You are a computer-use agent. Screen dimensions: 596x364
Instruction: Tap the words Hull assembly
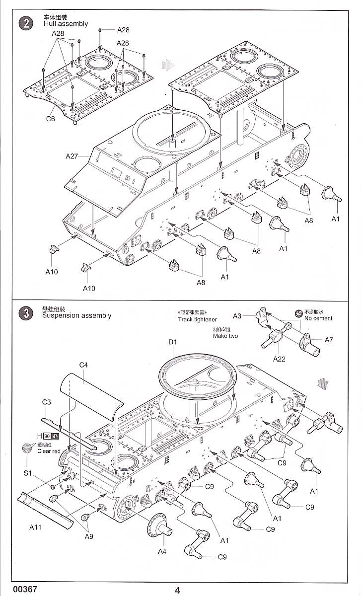click(65, 23)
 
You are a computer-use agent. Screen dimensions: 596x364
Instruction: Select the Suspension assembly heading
click(77, 315)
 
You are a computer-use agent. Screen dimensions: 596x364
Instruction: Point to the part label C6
click(51, 119)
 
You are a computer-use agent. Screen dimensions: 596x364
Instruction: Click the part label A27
click(72, 156)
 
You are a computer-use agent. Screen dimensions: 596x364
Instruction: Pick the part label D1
click(172, 342)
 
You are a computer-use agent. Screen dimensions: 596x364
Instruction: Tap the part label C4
click(84, 365)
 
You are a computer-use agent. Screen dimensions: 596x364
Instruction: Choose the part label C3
click(47, 402)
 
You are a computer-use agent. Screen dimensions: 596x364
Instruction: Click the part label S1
click(28, 473)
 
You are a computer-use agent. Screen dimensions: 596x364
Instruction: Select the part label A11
click(35, 527)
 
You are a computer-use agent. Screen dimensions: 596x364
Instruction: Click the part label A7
click(329, 340)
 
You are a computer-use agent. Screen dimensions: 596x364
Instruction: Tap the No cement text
click(318, 318)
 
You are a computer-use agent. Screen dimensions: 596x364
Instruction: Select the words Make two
click(226, 336)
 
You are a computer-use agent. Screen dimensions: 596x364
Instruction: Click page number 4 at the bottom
click(177, 590)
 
